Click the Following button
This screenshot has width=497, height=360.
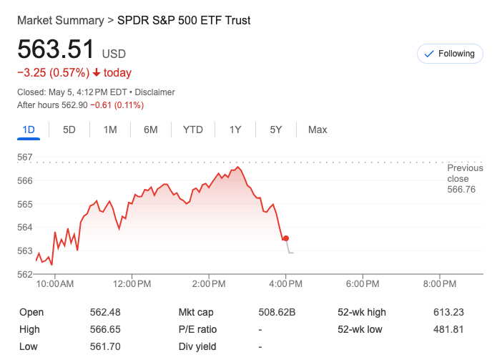pos(450,54)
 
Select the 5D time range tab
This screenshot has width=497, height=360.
pos(69,130)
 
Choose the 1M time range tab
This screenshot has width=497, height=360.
pos(110,130)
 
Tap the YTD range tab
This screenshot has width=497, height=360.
pos(193,130)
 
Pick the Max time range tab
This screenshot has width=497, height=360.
pos(318,130)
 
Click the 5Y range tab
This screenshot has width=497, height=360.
pos(276,130)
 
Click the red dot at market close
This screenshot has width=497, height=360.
pos(286,238)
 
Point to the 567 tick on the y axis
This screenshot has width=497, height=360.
pos(25,157)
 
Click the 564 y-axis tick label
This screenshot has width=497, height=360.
pos(25,228)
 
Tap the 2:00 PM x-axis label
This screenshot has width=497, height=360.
pos(210,284)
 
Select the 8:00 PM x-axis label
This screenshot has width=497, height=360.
pos(440,284)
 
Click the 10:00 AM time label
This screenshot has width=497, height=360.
pos(55,284)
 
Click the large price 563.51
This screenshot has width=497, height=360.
pos(56,50)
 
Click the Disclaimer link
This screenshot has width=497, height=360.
pos(155,92)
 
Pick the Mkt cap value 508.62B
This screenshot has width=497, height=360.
pos(277,313)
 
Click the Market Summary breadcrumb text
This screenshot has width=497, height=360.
pos(60,21)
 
